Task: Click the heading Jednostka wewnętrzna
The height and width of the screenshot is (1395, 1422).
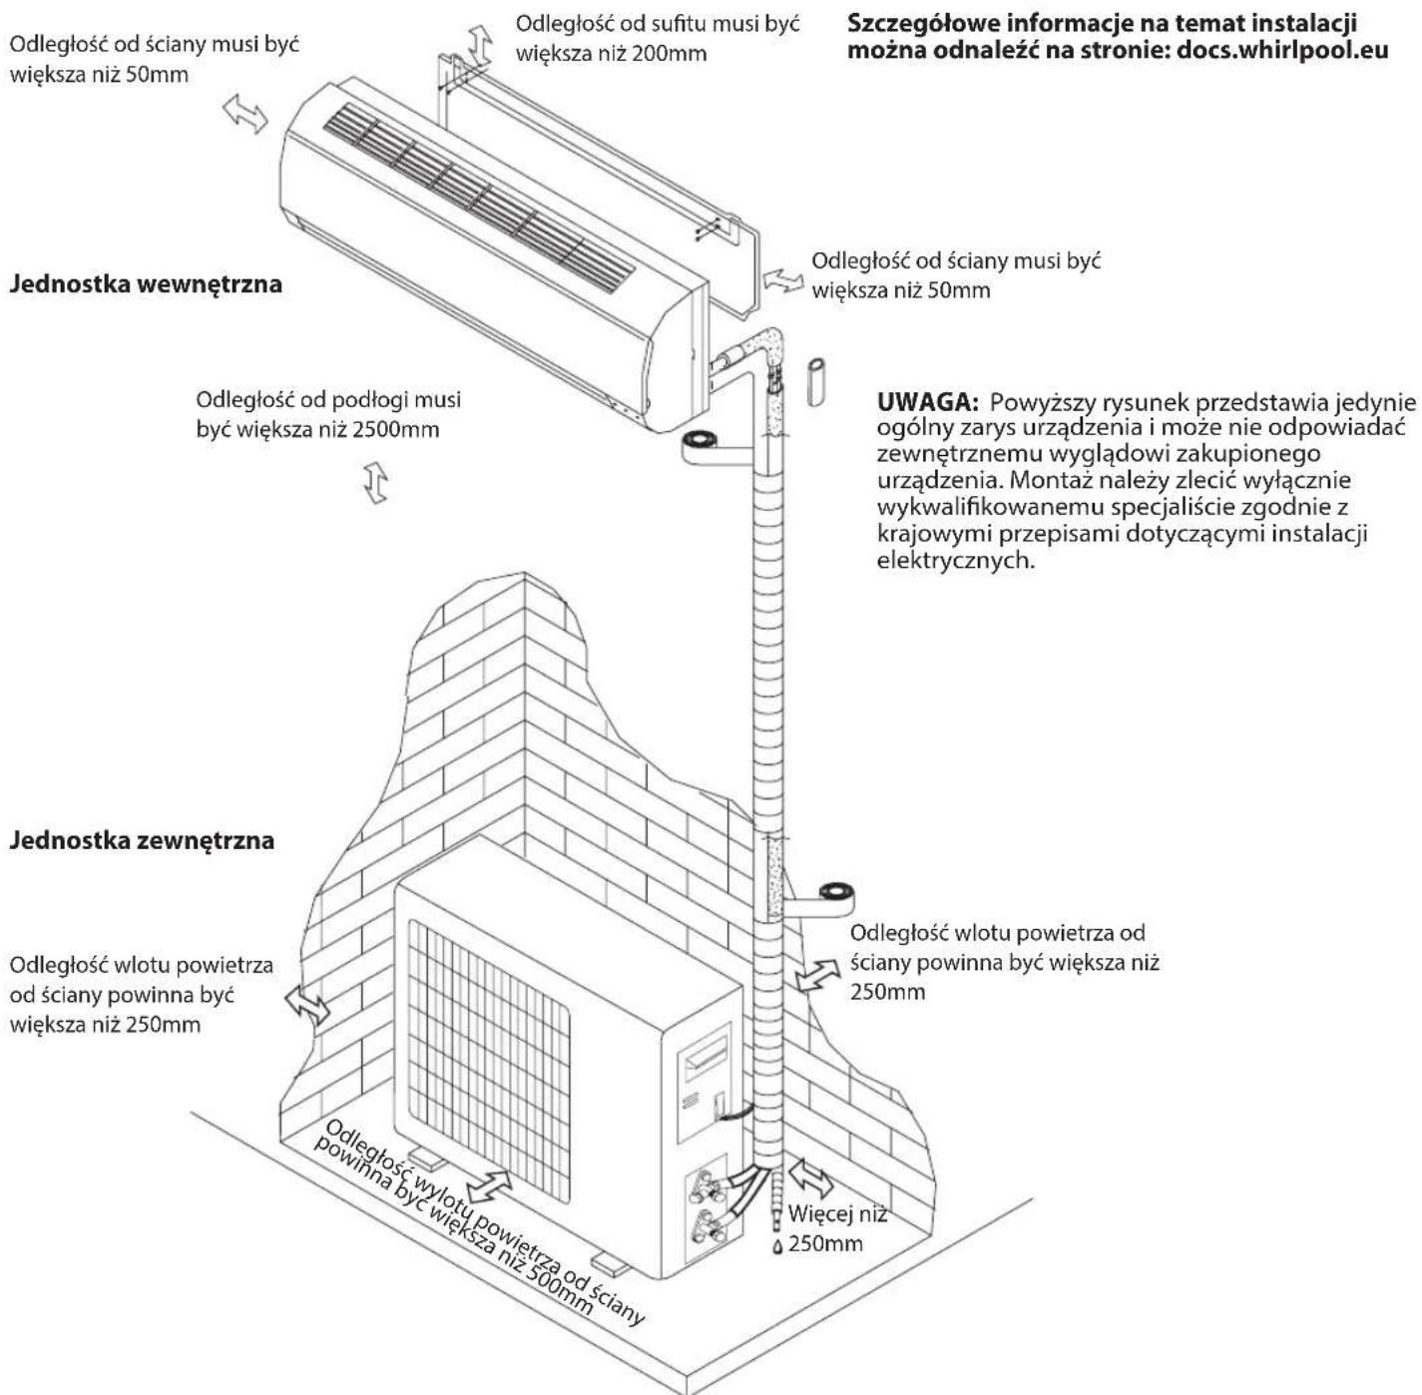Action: (x=146, y=284)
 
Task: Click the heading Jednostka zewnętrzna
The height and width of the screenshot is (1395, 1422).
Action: (x=142, y=840)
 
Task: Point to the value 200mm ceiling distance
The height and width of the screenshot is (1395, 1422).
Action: (x=669, y=52)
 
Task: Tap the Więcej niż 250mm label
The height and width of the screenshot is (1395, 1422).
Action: (x=836, y=1228)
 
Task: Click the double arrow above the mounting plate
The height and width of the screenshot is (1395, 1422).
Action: (x=480, y=45)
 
